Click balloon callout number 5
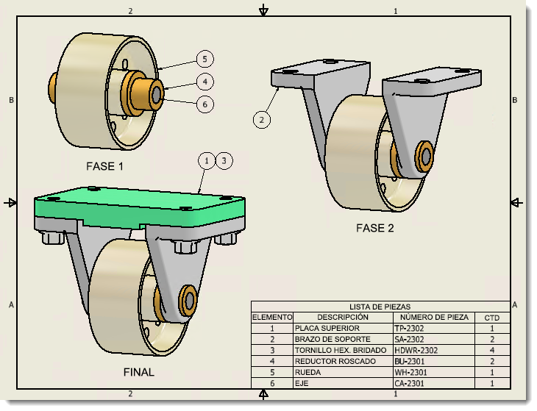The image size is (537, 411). [x=205, y=58]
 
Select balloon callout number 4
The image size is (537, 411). [x=205, y=81]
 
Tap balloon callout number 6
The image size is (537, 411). [x=205, y=104]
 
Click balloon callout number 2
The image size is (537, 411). [x=262, y=118]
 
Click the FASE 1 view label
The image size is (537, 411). [x=104, y=166]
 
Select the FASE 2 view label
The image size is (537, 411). [x=375, y=228]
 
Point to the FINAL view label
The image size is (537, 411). [x=139, y=372]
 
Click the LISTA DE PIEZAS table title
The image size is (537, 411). [x=380, y=307]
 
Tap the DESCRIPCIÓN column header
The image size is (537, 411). [x=343, y=318]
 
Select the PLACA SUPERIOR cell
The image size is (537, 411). [x=327, y=329]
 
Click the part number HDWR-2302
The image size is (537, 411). [x=416, y=351]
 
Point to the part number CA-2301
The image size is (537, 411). [x=410, y=384]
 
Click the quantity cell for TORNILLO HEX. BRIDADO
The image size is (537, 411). [x=491, y=351]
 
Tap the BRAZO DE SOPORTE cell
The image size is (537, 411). [x=332, y=340]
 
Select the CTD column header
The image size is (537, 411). [x=491, y=318]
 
